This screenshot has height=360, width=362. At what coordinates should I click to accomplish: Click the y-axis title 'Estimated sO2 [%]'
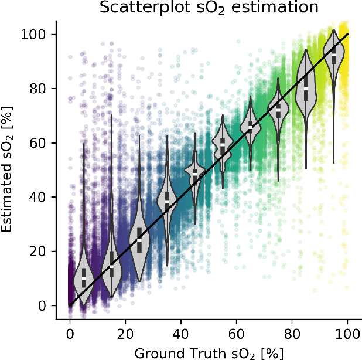8,170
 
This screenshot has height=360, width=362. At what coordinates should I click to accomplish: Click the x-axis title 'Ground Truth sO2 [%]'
209,352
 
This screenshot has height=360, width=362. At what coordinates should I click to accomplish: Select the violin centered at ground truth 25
139,240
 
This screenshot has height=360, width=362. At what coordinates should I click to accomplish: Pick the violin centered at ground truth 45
195,176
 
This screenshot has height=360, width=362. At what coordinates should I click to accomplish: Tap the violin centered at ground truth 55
223,147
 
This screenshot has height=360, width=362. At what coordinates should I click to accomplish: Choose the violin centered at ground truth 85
306,85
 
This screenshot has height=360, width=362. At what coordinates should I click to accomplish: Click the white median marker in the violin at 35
167,201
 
